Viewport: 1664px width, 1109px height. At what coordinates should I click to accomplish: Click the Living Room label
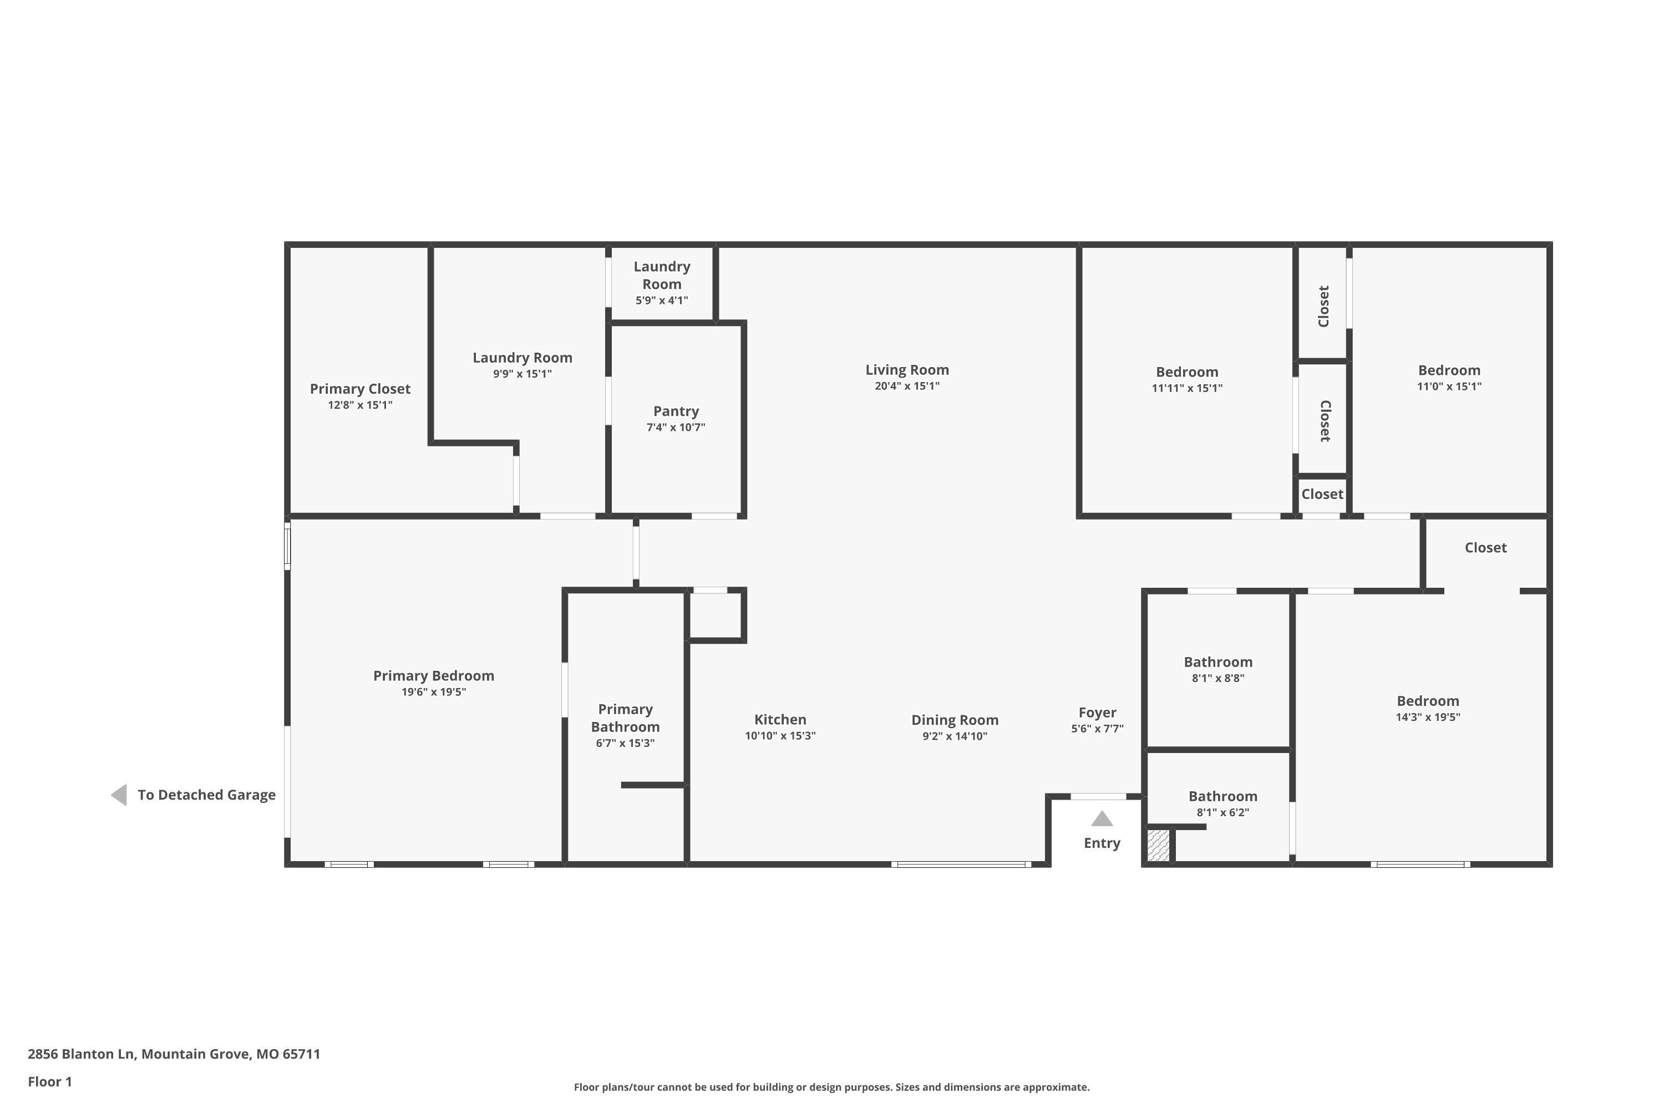(x=907, y=369)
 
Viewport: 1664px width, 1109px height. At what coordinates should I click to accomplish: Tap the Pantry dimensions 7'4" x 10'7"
(x=676, y=427)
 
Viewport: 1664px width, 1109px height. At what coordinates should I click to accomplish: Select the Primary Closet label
(x=360, y=389)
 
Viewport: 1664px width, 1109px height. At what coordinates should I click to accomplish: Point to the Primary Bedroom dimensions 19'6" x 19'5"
(x=434, y=691)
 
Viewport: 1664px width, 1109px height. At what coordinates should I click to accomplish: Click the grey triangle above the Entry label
(x=1102, y=819)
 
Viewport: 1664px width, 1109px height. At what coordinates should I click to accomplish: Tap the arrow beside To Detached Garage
(x=119, y=795)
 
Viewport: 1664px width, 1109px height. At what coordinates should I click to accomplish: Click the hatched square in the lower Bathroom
(x=1158, y=845)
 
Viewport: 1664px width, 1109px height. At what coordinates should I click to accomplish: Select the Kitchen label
(x=780, y=719)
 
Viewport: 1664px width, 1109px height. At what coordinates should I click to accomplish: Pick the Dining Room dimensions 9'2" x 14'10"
(x=955, y=736)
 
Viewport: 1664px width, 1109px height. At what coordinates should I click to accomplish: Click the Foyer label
(x=1097, y=713)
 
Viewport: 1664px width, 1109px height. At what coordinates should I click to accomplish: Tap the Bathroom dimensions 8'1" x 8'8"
(x=1218, y=678)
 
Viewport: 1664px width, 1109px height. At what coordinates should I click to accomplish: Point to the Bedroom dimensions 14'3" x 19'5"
(x=1428, y=716)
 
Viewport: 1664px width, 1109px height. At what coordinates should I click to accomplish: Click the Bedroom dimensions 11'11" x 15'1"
(x=1187, y=388)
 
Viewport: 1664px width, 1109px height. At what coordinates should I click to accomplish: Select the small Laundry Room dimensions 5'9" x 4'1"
(x=662, y=300)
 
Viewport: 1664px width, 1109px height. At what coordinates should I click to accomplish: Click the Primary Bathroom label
(x=626, y=718)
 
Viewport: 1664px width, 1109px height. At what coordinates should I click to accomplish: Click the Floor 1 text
(x=49, y=1081)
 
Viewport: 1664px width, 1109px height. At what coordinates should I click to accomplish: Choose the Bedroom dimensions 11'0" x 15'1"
(x=1449, y=386)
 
